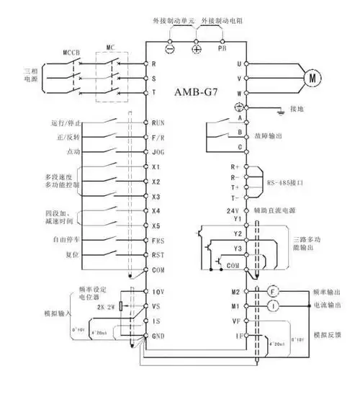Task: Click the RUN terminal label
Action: tap(158, 123)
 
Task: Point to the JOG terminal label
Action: tap(158, 152)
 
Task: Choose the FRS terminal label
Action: tap(158, 239)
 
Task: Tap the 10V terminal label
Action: tap(158, 292)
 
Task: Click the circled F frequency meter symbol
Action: tap(273, 292)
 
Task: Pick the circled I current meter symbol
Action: tap(273, 305)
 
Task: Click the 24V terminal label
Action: tap(232, 210)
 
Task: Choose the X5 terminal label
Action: tap(156, 225)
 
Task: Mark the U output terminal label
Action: tap(239, 63)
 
